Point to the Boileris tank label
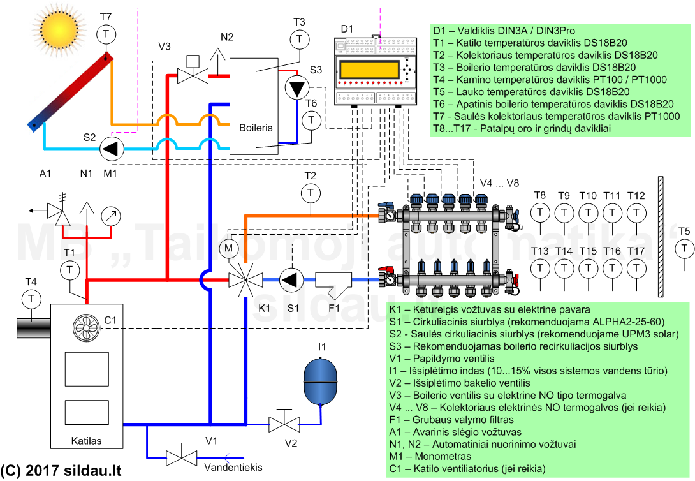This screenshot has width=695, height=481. pyautogui.click(x=256, y=128)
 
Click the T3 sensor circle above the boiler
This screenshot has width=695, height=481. pyautogui.click(x=299, y=40)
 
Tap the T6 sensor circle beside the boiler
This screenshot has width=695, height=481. pyautogui.click(x=311, y=120)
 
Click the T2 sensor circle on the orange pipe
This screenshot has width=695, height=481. pyautogui.click(x=311, y=192)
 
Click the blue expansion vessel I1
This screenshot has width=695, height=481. pyautogui.click(x=321, y=381)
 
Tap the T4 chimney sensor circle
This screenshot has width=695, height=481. pyautogui.click(x=30, y=298)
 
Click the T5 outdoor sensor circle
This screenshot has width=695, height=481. pyautogui.click(x=685, y=248)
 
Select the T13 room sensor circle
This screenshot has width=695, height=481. pyautogui.click(x=539, y=268)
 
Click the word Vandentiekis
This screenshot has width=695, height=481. pyautogui.click(x=233, y=468)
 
